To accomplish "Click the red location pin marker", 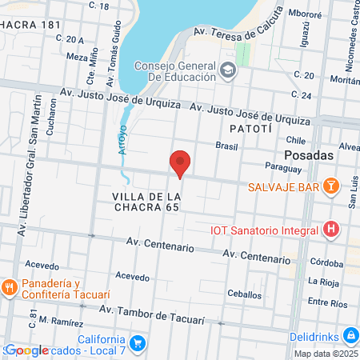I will (x=181, y=163).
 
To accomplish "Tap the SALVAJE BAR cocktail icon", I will (x=330, y=186).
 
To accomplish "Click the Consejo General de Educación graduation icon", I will (x=228, y=71).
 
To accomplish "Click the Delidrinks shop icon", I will (x=349, y=334).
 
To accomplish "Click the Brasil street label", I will (x=228, y=146).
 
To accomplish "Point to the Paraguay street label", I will (x=284, y=169).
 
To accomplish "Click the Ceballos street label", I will (x=243, y=294).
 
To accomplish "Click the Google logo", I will (x=26, y=350).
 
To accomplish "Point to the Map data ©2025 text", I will (x=326, y=354).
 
